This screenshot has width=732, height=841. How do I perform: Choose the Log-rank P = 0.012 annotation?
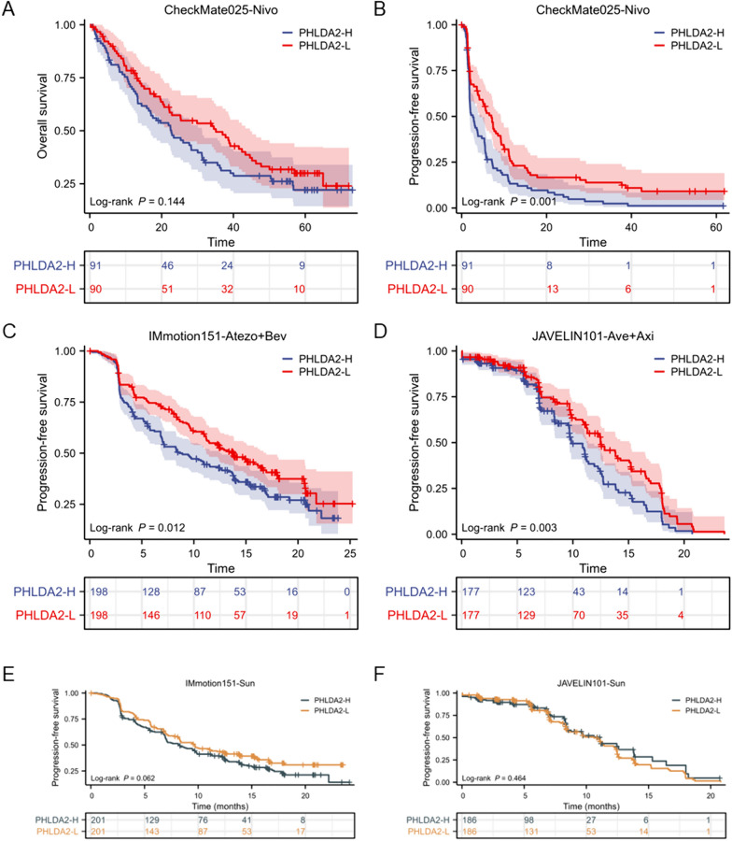126,529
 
